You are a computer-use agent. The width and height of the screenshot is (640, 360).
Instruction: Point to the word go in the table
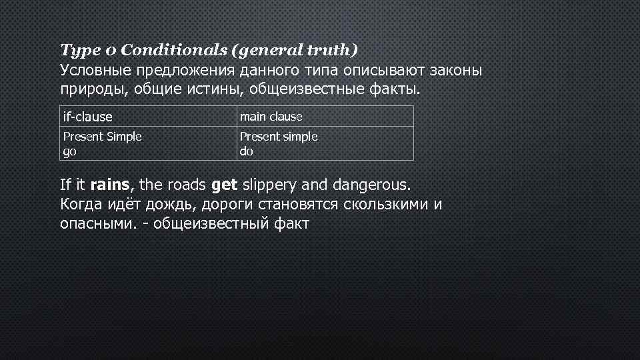tap(69, 151)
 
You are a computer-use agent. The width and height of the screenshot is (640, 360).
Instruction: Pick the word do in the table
tap(246, 151)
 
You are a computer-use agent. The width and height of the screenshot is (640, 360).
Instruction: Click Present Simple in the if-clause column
tap(102, 137)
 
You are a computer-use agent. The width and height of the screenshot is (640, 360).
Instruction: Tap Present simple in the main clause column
tap(279, 137)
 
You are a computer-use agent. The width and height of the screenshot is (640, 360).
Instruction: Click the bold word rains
tap(113, 183)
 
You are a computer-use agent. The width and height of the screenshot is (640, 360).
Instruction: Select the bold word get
tap(224, 183)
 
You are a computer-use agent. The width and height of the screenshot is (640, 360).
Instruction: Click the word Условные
tap(95, 70)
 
